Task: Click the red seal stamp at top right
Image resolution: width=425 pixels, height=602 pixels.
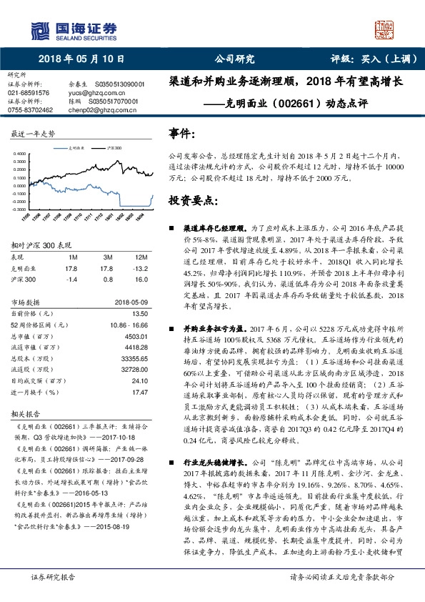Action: (384, 30)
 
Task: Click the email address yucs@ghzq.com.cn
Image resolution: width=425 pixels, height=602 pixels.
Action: (90, 92)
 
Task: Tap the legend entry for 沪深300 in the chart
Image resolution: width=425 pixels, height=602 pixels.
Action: (113, 147)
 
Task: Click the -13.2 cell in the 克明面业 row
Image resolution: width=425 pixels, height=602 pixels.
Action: (141, 268)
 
